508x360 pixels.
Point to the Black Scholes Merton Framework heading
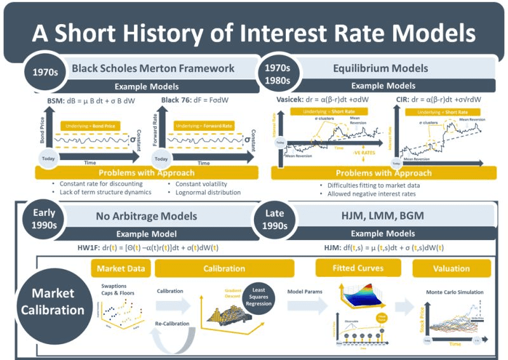[153, 68]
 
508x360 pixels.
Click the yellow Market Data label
[119, 269]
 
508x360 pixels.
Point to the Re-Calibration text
[175, 323]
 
